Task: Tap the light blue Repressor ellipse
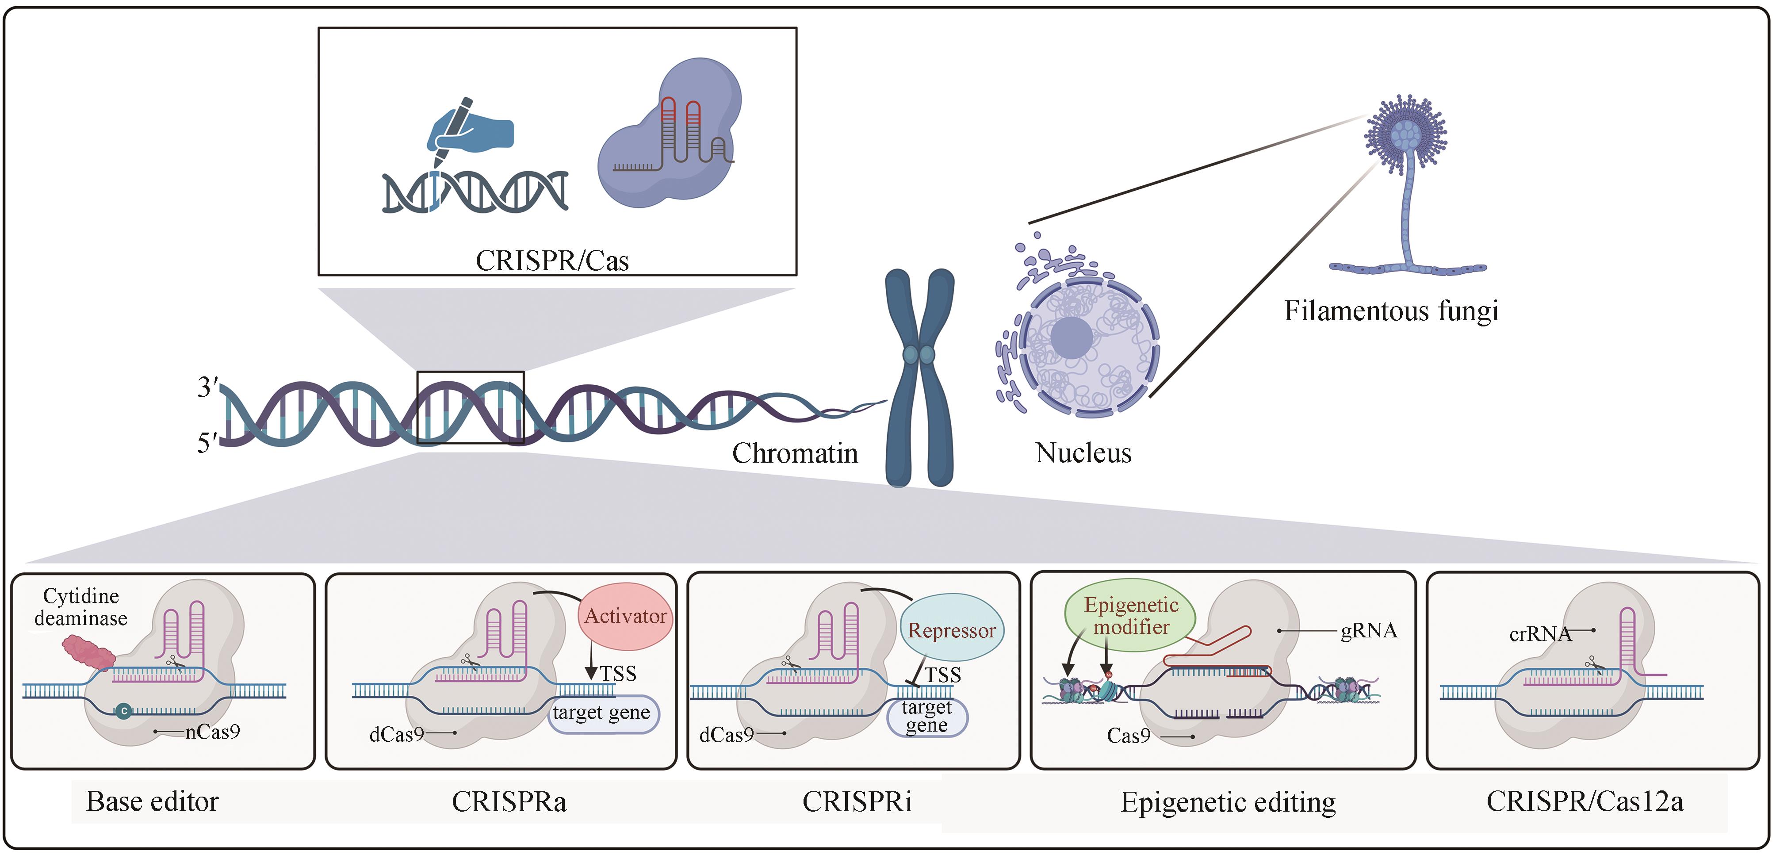(x=951, y=629)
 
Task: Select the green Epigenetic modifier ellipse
(x=1131, y=616)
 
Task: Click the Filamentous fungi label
(x=1391, y=311)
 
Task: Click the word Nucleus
(x=1083, y=453)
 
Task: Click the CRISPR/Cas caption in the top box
(x=552, y=261)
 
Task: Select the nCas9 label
(x=212, y=732)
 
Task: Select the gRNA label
(x=1369, y=631)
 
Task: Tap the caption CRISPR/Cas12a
(x=1585, y=801)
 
